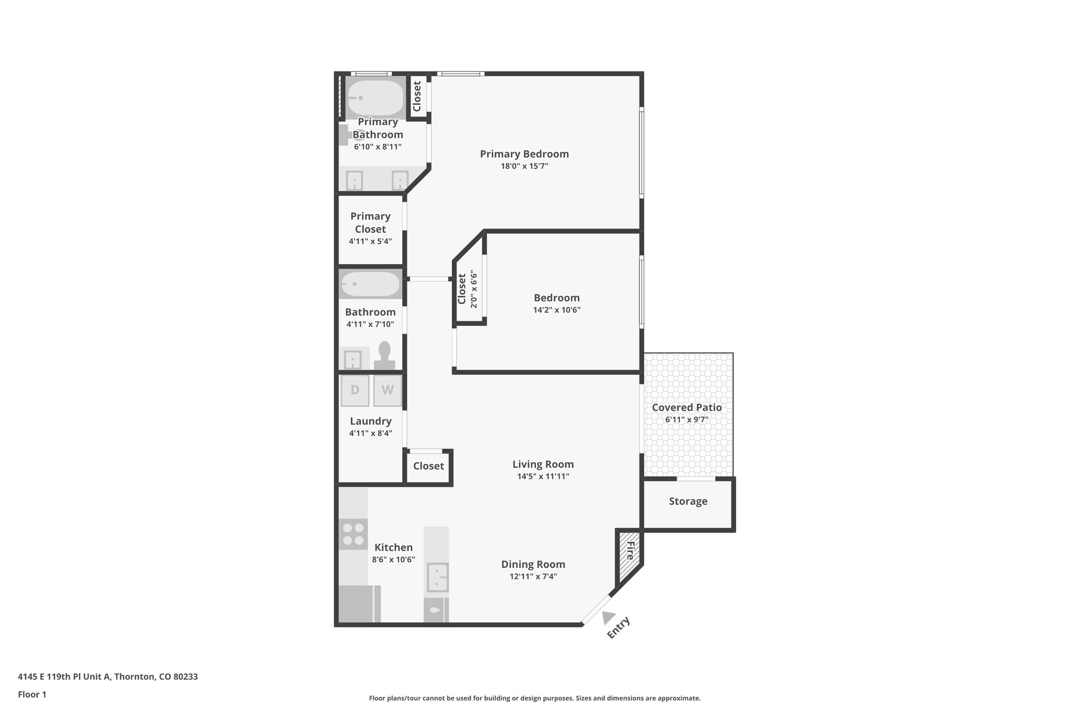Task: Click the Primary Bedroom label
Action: click(524, 154)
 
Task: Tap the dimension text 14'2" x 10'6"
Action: click(556, 310)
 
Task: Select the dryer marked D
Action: click(355, 390)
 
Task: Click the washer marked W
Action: click(387, 390)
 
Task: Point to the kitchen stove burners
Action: click(353, 534)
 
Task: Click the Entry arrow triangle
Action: click(608, 617)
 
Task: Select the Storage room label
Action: click(688, 501)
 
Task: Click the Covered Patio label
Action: click(687, 408)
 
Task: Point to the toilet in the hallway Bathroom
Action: click(385, 356)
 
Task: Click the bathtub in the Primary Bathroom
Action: click(375, 98)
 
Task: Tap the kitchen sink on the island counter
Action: click(437, 577)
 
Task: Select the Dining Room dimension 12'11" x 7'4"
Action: click(533, 577)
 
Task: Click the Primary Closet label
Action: click(370, 223)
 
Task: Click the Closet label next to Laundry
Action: click(428, 466)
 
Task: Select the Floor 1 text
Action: click(32, 694)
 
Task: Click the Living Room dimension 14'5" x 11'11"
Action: click(543, 476)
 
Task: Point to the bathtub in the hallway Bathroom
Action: click(370, 284)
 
